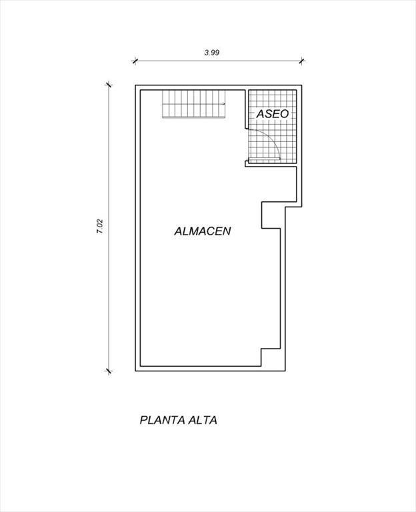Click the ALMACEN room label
(x=203, y=231)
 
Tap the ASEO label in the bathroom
(x=273, y=114)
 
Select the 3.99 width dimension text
(x=211, y=52)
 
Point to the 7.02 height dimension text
(x=99, y=226)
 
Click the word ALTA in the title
(x=203, y=420)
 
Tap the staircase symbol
(x=194, y=104)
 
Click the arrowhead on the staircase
(x=224, y=104)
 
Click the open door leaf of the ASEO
(x=265, y=159)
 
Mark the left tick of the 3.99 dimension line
(x=135, y=61)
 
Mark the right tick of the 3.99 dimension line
(x=302, y=61)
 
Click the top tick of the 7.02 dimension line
(x=109, y=85)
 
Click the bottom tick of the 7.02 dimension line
(x=109, y=371)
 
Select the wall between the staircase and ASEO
(x=246, y=109)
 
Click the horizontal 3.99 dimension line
(x=218, y=61)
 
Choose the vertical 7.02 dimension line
(x=109, y=228)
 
